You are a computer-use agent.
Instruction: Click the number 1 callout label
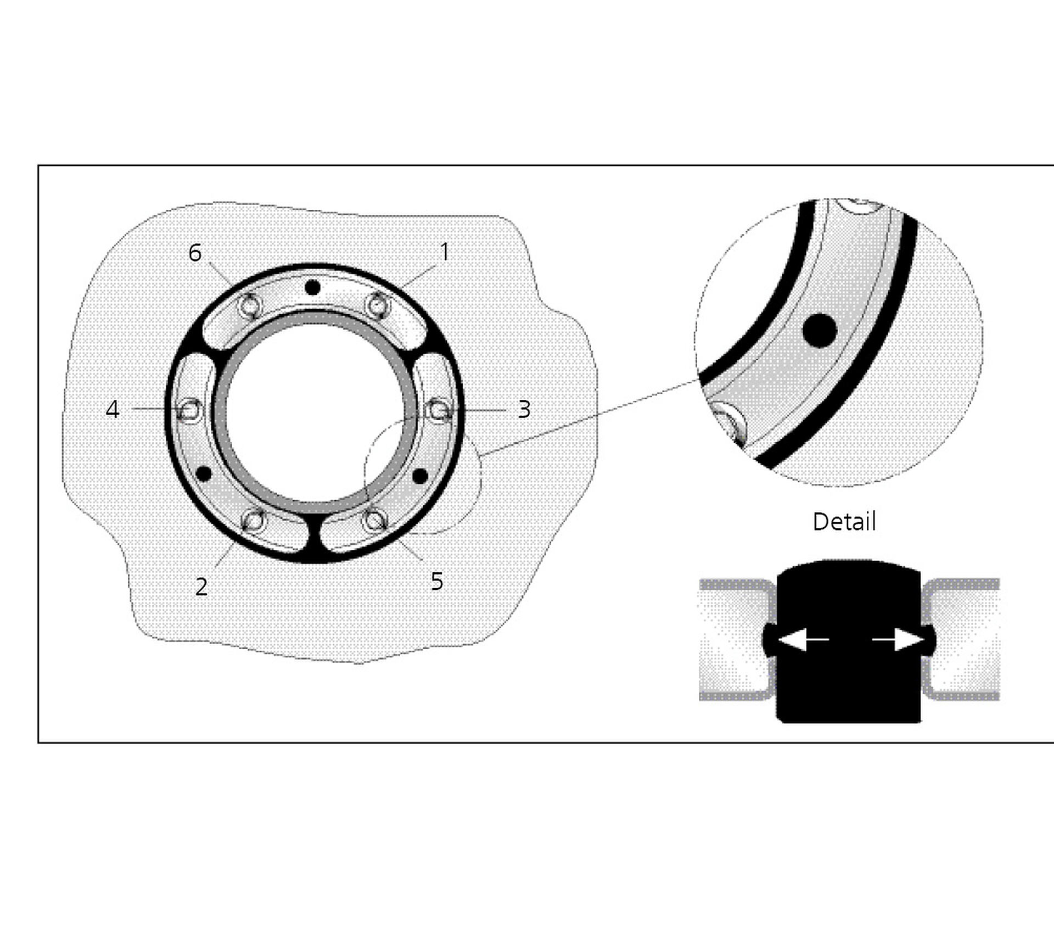coord(445,252)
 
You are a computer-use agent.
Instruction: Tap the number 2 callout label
coord(201,587)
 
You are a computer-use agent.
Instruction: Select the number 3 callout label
coord(524,409)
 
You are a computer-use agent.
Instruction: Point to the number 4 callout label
coord(113,409)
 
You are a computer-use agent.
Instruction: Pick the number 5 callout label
coord(437,581)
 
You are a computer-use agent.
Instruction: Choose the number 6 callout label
coord(195,253)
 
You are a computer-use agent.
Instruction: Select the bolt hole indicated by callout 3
coord(440,410)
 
